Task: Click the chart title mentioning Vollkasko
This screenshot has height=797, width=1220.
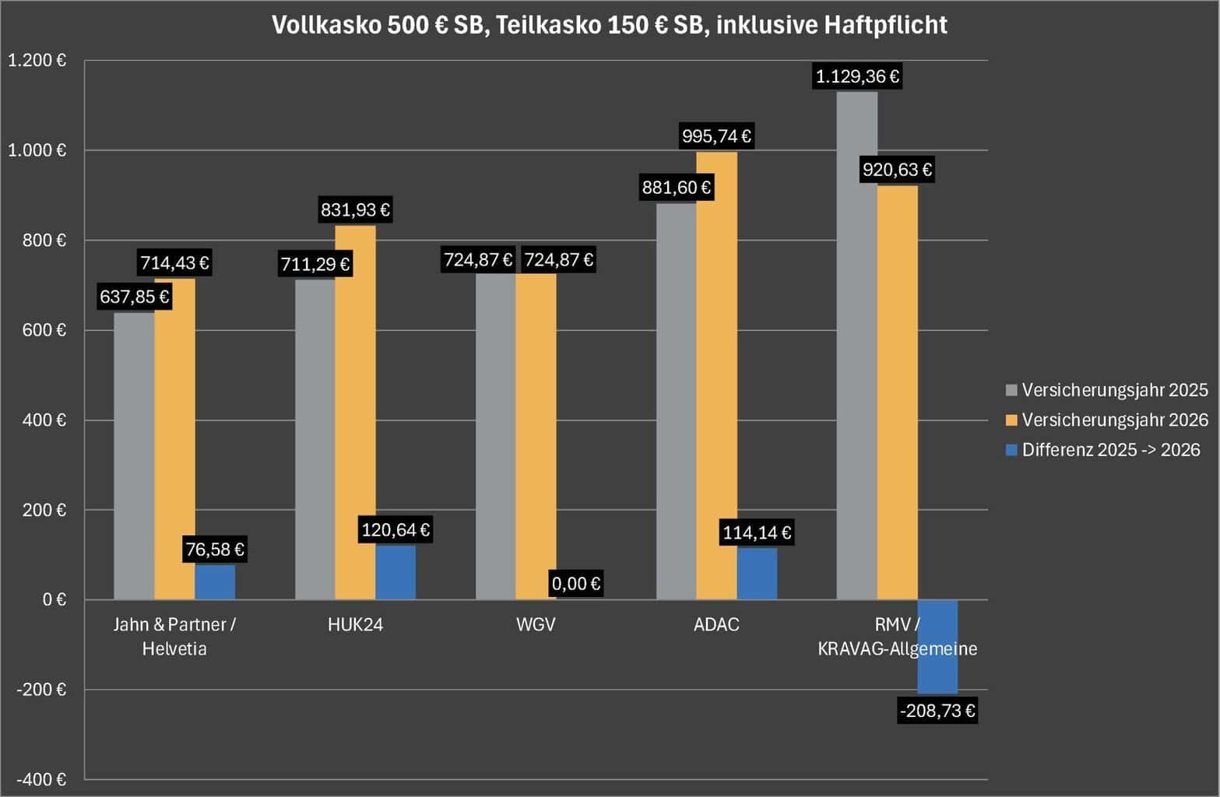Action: (609, 25)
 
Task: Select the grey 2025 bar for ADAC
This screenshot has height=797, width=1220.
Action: (676, 405)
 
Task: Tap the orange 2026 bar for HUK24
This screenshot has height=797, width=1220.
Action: (355, 413)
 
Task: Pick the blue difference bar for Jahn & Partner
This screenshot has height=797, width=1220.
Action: (215, 581)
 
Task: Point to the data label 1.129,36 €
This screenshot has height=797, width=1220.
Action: (857, 76)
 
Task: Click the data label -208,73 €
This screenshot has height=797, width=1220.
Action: (937, 711)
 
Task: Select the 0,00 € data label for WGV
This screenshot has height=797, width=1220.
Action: (576, 583)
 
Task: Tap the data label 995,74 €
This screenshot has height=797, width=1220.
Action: (716, 136)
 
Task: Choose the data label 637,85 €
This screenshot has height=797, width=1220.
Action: (134, 297)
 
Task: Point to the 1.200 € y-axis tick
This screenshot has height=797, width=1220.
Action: (37, 61)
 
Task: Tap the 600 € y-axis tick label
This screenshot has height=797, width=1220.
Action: (45, 330)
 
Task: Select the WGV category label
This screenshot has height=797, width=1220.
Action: (536, 624)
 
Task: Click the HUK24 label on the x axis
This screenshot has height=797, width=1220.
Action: (355, 624)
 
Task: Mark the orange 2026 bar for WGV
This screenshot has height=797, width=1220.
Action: (536, 436)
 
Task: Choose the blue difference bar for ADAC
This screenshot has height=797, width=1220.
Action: (757, 574)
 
